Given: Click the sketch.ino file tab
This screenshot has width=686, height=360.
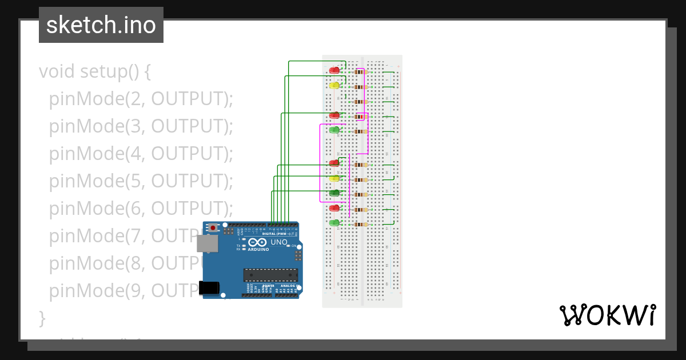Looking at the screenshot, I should tap(101, 25).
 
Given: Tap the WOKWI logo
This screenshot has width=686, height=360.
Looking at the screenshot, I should tap(607, 315).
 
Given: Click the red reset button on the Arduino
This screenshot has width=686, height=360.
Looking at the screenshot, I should tap(213, 227).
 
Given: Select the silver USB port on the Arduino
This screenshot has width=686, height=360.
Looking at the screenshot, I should tap(207, 243).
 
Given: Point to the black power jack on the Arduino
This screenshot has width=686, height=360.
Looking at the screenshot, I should tap(210, 287).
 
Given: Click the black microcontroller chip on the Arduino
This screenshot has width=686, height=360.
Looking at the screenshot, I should tap(270, 275).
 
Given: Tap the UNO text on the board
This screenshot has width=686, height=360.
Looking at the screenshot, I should tap(278, 242).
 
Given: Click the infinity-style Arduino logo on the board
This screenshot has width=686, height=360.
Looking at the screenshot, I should tap(258, 242).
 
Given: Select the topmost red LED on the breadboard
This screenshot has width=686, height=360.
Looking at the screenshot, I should tap(334, 70).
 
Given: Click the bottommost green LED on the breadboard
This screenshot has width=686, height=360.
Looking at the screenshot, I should tap(334, 223).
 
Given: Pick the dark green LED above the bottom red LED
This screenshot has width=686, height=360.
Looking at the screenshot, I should tap(334, 193).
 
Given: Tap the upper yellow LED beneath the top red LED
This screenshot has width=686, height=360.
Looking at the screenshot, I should tap(334, 85).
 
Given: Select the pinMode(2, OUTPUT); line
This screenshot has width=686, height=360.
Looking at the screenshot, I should tap(141, 99).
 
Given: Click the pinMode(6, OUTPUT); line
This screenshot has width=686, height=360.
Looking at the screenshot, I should tap(141, 209).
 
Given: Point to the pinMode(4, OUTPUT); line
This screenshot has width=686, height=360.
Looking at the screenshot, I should tap(141, 154).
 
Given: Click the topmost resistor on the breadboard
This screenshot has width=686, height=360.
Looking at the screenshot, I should tap(360, 71).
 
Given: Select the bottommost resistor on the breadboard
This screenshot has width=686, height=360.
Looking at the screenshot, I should tap(361, 225).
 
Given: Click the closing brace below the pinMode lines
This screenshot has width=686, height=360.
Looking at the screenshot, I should tap(41, 318).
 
